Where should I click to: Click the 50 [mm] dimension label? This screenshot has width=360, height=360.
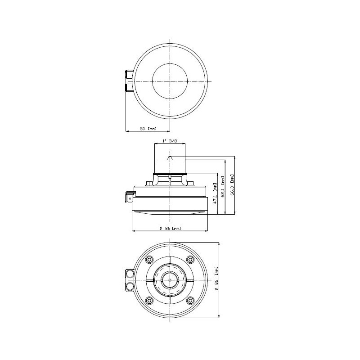pyautogui.click(x=148, y=129)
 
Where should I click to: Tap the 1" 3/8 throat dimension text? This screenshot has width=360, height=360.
pyautogui.click(x=170, y=141)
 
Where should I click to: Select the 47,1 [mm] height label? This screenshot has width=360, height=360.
pyautogui.click(x=215, y=193)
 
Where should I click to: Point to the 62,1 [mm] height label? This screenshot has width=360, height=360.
pyautogui.click(x=223, y=187)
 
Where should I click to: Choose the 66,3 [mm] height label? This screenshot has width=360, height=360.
pyautogui.click(x=232, y=185)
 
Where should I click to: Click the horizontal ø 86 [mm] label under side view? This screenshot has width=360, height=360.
pyautogui.click(x=170, y=229)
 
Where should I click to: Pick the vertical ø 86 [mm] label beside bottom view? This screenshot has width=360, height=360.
pyautogui.click(x=216, y=278)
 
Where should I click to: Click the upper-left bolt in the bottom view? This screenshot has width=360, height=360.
pyautogui.click(x=149, y=260)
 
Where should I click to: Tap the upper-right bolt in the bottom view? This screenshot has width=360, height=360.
pyautogui.click(x=190, y=260)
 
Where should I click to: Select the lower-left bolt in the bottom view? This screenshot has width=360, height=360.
pyautogui.click(x=149, y=300)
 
